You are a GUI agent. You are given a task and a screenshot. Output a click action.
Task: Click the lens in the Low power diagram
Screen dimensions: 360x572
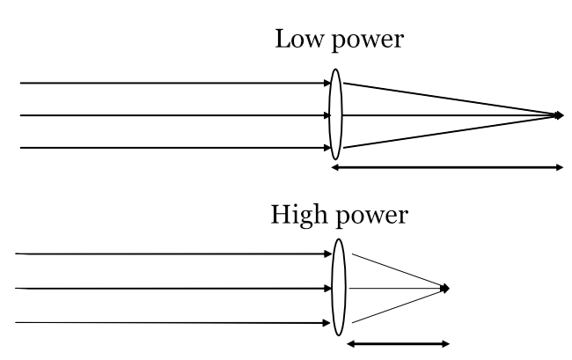click(335, 114)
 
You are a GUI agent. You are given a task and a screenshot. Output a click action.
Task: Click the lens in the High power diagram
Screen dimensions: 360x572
click(340, 287)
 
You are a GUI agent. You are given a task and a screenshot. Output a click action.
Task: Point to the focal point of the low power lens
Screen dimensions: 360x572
click(560, 114)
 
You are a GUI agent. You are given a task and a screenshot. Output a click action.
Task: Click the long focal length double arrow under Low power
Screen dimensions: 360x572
click(447, 167)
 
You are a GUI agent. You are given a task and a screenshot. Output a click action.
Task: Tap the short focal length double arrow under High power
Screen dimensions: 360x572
click(399, 343)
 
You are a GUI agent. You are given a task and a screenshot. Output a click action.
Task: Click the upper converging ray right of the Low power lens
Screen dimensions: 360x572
click(449, 99)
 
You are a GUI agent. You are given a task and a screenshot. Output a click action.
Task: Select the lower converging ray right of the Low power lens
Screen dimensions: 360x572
click(449, 131)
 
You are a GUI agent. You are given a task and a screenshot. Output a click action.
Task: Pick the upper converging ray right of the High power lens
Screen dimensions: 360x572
click(396, 271)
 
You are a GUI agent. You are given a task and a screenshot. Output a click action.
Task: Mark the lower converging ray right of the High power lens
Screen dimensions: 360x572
click(396, 305)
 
